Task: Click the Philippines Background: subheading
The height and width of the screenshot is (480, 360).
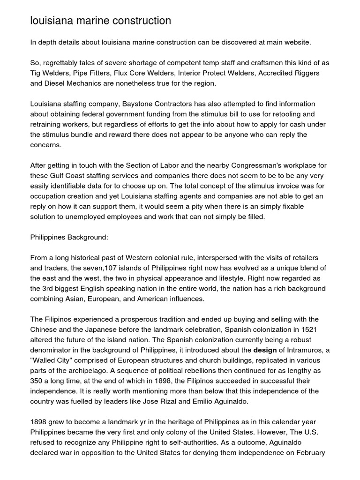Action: pyautogui.click(x=69, y=237)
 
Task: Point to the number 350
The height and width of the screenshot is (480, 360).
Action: pyautogui.click(x=37, y=381)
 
